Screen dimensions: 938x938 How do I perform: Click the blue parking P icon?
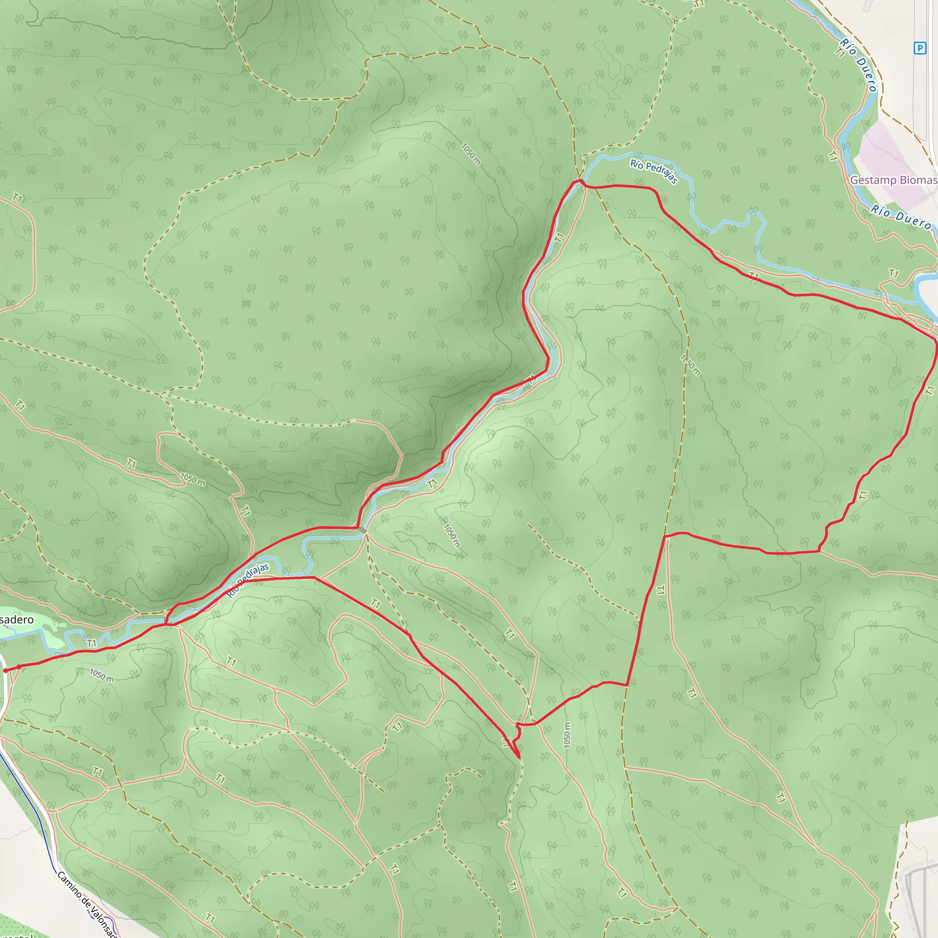[920, 48]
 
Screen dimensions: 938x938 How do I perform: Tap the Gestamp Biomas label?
[893, 180]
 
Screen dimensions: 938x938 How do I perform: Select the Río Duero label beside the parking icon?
[858, 65]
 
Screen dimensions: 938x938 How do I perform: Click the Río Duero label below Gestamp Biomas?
[901, 217]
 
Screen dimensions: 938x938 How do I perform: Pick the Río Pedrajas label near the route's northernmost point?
[654, 170]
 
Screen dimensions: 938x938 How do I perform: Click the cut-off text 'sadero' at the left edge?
[17, 620]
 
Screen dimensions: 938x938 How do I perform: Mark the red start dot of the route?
[5, 671]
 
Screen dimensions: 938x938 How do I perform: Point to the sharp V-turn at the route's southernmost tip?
[519, 758]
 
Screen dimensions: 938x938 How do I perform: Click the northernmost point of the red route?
[581, 180]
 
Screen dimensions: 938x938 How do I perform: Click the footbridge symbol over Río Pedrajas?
[363, 530]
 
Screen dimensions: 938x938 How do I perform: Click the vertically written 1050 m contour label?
[567, 735]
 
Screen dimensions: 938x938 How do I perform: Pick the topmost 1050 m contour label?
[470, 154]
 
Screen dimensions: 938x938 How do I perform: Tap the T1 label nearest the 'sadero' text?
[91, 644]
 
